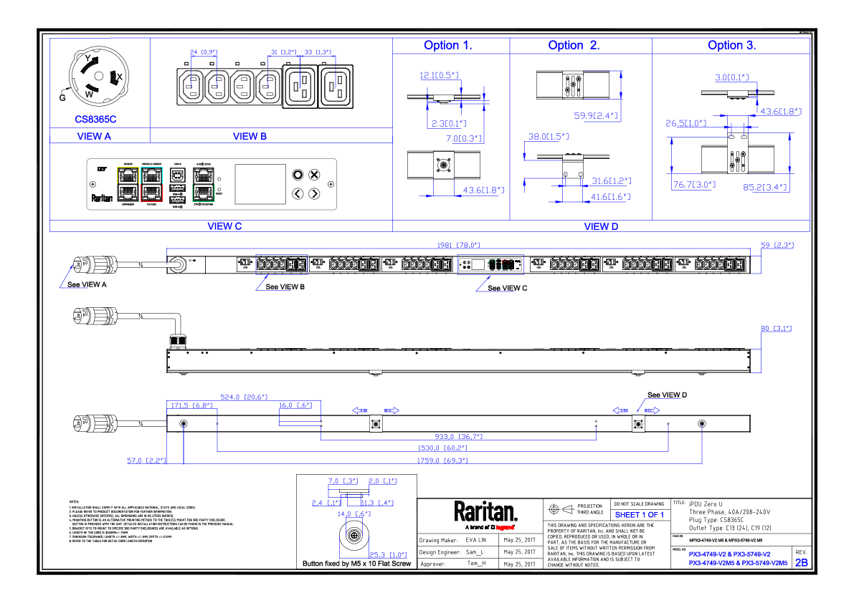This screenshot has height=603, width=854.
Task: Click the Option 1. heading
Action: tap(447, 46)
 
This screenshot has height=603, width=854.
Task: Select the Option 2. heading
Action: tap(574, 46)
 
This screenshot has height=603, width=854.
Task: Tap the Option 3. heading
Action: tap(731, 46)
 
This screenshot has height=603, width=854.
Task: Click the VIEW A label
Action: tap(94, 137)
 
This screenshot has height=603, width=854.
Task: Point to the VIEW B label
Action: tap(250, 137)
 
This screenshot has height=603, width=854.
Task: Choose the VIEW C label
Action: tap(224, 226)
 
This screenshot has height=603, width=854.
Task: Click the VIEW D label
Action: tap(601, 227)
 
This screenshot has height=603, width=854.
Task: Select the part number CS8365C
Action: tap(95, 120)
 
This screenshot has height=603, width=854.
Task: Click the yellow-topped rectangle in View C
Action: tap(128, 185)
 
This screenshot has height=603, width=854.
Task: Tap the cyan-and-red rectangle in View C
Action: tap(151, 185)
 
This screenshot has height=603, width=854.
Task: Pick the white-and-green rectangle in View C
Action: tap(204, 185)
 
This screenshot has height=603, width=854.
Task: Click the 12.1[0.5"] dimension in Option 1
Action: tap(439, 75)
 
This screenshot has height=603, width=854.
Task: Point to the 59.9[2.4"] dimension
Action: tap(596, 116)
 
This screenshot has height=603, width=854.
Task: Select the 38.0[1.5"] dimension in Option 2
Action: tap(549, 137)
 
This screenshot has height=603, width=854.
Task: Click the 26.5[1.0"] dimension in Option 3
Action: tap(686, 124)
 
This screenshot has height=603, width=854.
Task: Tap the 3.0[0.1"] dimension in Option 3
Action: tap(731, 78)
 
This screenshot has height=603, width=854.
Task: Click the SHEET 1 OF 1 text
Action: tap(640, 515)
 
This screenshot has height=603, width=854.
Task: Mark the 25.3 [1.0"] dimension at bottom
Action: tap(388, 555)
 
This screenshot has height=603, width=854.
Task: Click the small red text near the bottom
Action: tap(505, 528)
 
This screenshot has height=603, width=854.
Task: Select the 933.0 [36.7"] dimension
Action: tap(459, 436)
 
